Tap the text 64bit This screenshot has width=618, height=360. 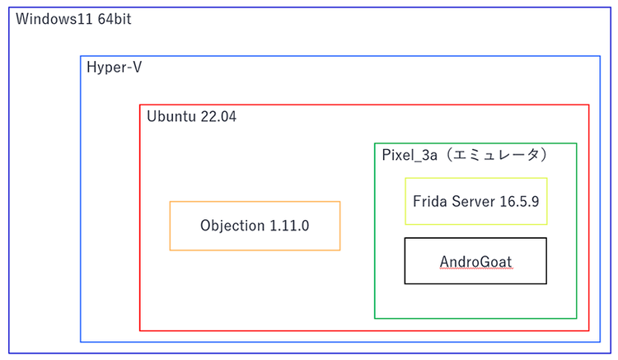click(115, 19)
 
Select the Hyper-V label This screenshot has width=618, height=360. click(114, 68)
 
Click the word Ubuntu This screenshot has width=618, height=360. click(171, 117)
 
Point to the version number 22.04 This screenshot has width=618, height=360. click(218, 117)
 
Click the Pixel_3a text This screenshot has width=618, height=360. click(410, 155)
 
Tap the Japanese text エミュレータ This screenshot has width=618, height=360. click(496, 154)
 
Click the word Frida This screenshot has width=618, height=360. click(429, 201)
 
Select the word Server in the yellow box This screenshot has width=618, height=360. click(473, 201)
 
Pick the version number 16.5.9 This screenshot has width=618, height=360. click(519, 201)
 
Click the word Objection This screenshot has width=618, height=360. click(232, 226)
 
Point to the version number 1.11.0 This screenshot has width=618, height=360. click(289, 226)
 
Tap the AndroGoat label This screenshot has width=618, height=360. click(475, 261)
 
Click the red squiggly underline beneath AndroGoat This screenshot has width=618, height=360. click(476, 269)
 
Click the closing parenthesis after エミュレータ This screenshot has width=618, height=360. click(544, 155)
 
